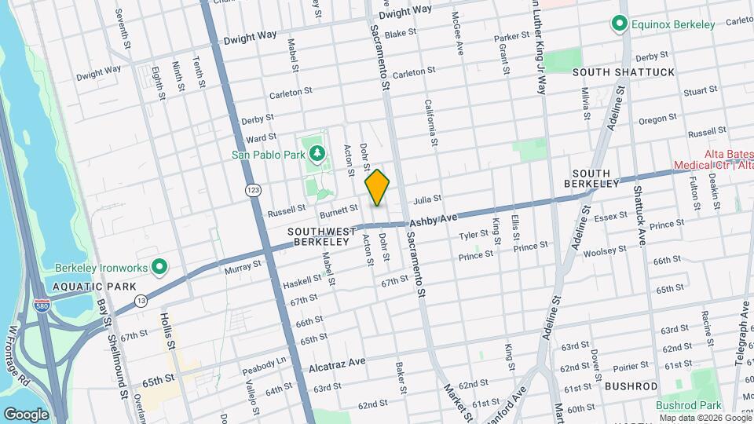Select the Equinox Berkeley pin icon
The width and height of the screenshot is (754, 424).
[620, 24]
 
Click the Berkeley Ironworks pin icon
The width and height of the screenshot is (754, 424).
[159, 267]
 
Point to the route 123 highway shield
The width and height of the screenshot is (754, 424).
[253, 191]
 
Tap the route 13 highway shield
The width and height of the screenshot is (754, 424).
[141, 300]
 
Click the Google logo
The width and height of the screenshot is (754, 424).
[26, 414]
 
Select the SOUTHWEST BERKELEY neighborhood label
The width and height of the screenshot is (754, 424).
[318, 236]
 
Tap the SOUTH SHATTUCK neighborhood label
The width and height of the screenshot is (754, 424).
[624, 72]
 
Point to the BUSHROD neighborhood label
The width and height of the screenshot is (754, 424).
[631, 386]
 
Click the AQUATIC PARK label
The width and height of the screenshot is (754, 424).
[84, 287]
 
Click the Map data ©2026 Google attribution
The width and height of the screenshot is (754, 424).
[704, 417]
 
